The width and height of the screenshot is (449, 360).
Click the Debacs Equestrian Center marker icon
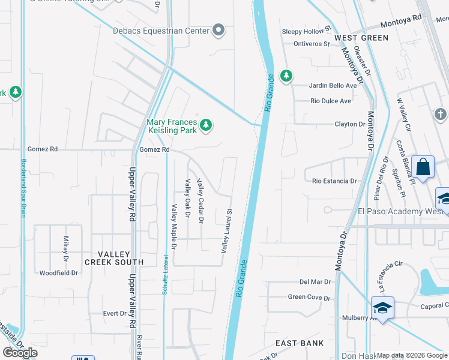coord(218,30)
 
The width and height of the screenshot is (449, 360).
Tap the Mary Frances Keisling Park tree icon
coord(206,125)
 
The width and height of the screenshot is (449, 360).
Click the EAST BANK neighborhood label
coord(300,343)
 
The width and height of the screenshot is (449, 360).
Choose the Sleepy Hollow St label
coord(307,29)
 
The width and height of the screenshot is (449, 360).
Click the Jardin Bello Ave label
coord(333,85)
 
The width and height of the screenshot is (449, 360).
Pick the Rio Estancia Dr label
coord(334,181)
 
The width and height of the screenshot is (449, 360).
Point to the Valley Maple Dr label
coord(174,227)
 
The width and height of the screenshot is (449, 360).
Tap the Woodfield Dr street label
coord(59,273)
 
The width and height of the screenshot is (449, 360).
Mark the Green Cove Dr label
coord(309,297)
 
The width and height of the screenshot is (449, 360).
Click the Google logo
coord(20,353)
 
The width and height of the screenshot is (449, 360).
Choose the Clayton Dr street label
coord(350,124)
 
